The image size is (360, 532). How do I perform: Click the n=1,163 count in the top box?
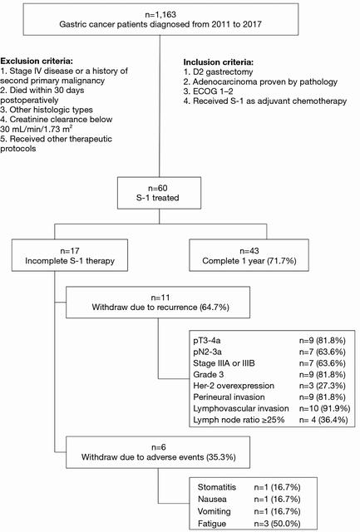click(160, 15)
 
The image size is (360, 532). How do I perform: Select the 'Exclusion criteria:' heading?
click(37, 61)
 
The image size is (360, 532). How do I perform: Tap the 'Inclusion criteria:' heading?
click(219, 62)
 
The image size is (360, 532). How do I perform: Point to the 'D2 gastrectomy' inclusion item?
click(218, 72)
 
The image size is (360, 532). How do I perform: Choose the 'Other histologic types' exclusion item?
click(47, 110)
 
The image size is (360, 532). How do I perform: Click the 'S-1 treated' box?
click(159, 193)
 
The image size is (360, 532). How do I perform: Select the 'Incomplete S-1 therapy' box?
click(70, 255)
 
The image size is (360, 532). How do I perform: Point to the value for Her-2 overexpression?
click(323, 386)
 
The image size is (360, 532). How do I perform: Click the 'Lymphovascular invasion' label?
click(241, 408)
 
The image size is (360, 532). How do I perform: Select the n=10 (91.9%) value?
click(325, 408)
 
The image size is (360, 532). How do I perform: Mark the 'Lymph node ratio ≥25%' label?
click(239, 420)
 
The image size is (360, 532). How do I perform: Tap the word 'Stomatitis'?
click(217, 487)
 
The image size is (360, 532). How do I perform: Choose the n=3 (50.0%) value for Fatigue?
click(277, 524)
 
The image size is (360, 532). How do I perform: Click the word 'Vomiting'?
click(215, 511)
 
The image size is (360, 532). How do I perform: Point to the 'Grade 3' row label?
click(209, 375)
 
